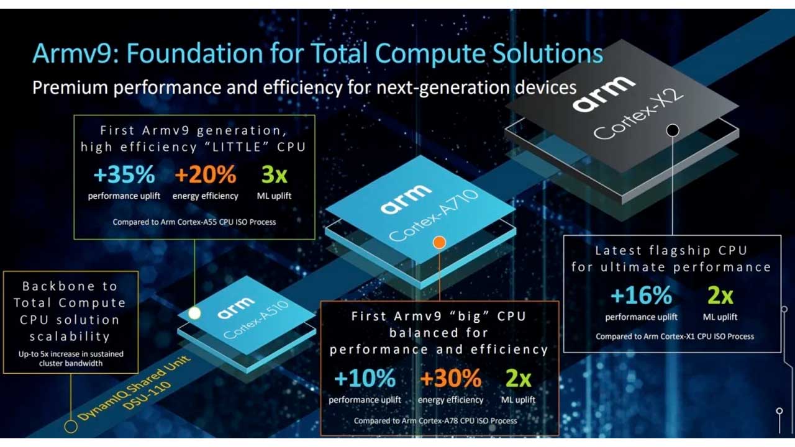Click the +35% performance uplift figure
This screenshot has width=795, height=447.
pyautogui.click(x=124, y=174)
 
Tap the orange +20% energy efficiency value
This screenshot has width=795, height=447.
pyautogui.click(x=206, y=174)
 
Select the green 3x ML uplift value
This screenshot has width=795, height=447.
pyautogui.click(x=274, y=174)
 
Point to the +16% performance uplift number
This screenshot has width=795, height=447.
pyautogui.click(x=641, y=295)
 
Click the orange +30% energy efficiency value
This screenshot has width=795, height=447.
pyautogui.click(x=451, y=378)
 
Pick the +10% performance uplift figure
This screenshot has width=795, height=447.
pyautogui.click(x=365, y=378)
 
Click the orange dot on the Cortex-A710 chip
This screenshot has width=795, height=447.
pyautogui.click(x=439, y=242)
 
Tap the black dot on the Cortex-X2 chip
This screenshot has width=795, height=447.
pyautogui.click(x=673, y=130)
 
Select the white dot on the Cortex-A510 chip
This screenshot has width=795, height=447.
pyautogui.click(x=194, y=313)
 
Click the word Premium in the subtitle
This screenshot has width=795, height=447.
pyautogui.click(x=70, y=88)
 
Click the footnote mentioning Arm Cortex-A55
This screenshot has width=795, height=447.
pyautogui.click(x=194, y=222)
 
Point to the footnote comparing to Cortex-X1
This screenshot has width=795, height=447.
pyautogui.click(x=675, y=336)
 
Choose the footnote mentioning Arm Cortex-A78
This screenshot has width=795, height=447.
pyautogui.click(x=435, y=421)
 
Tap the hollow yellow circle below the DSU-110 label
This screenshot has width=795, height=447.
pyautogui.click(x=71, y=426)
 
